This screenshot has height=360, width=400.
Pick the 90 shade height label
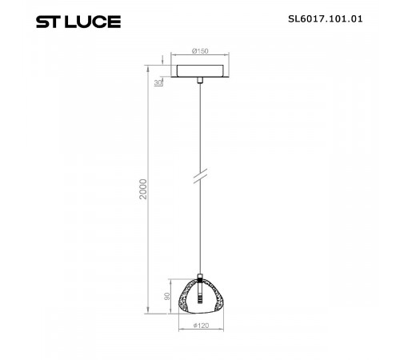(x=166, y=295)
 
